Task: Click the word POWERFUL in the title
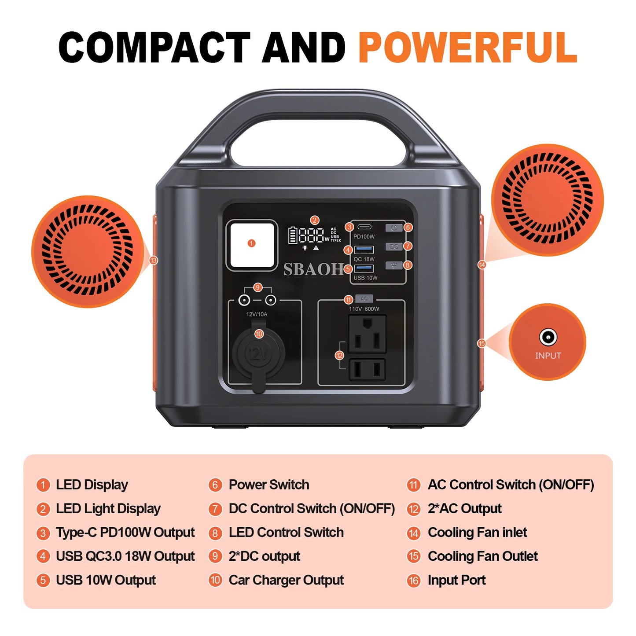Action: (x=467, y=48)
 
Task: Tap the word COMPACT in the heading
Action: (x=154, y=48)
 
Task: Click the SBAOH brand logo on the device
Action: (x=313, y=269)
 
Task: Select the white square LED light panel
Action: (x=252, y=244)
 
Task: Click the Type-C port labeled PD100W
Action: (x=364, y=227)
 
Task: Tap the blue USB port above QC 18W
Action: (x=364, y=250)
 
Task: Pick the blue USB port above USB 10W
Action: (x=364, y=268)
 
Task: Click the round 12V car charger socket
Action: (x=259, y=353)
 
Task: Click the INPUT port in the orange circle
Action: (x=548, y=338)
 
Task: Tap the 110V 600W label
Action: (x=364, y=309)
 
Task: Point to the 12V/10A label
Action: (x=257, y=314)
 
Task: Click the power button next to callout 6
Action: (x=394, y=228)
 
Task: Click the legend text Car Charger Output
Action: (x=286, y=580)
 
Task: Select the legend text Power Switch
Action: (x=268, y=485)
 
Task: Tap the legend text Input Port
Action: (x=456, y=580)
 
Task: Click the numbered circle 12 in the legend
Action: (x=413, y=509)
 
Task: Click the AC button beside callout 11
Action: (x=364, y=299)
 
